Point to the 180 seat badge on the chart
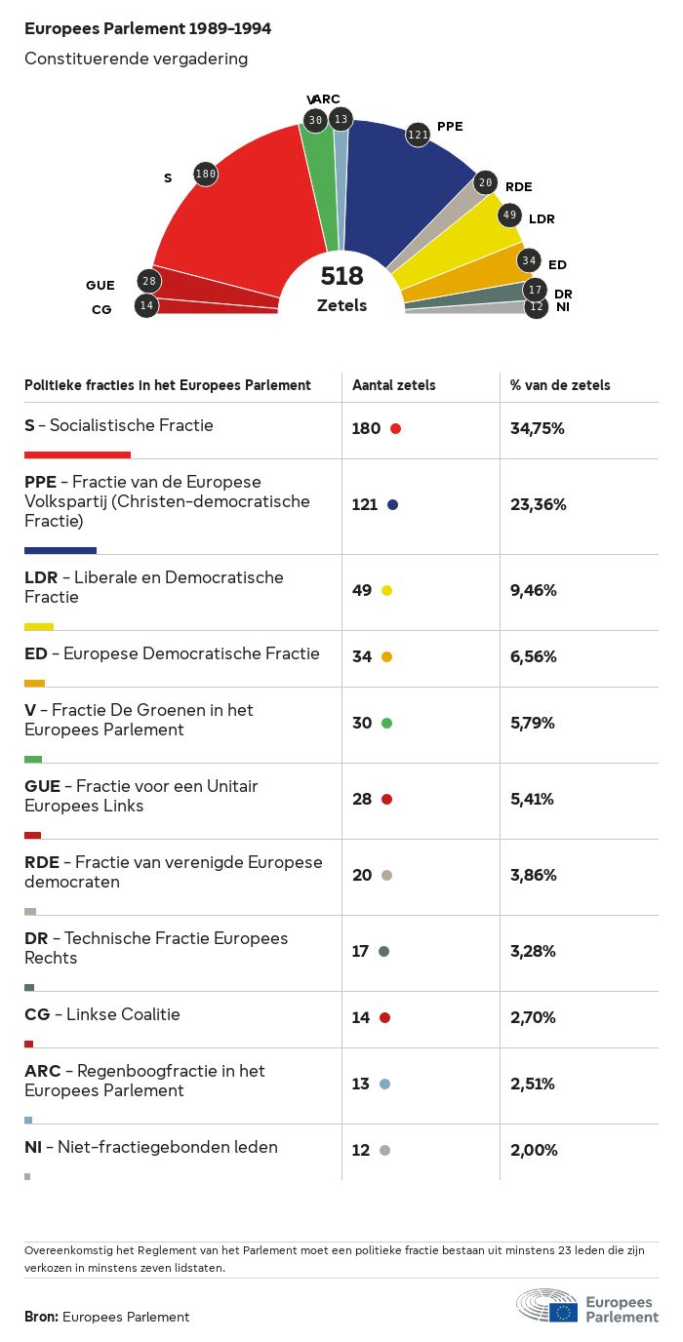click(205, 174)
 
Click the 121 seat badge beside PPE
click(418, 135)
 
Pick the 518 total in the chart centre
click(341, 276)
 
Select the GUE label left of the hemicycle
click(100, 285)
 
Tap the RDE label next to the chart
click(518, 186)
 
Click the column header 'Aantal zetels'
click(394, 385)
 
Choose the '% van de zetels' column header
click(560, 385)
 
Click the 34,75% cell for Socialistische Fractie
click(538, 428)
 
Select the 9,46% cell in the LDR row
click(534, 590)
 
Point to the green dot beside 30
click(386, 723)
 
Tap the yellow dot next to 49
click(386, 590)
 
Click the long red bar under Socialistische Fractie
click(77, 454)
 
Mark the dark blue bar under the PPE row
click(60, 550)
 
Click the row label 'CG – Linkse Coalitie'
click(102, 1014)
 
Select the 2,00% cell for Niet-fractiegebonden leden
click(534, 1150)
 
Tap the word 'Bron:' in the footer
click(42, 1317)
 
